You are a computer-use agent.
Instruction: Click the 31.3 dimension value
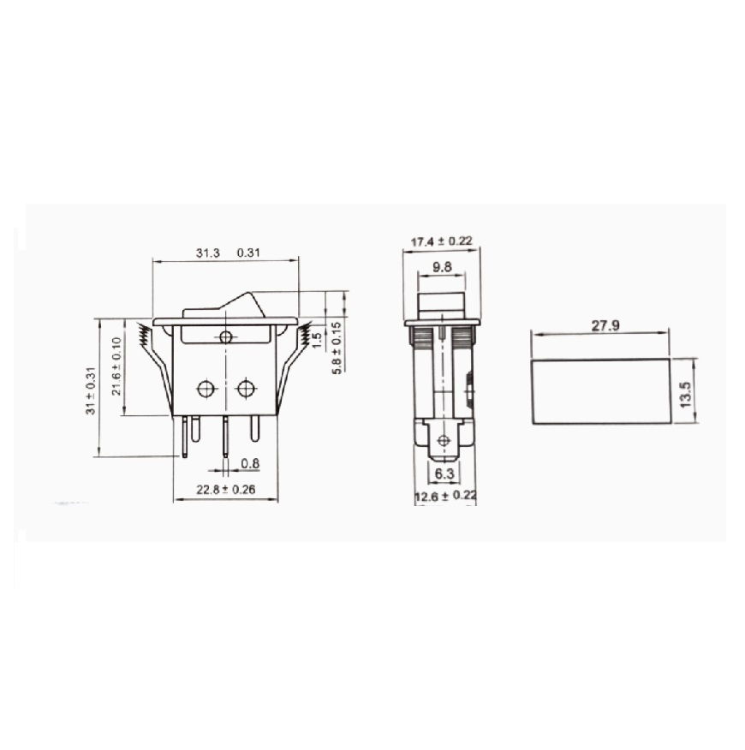pyautogui.click(x=208, y=253)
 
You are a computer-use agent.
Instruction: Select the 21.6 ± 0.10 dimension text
pyautogui.click(x=116, y=366)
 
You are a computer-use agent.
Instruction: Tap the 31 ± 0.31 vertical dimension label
pyautogui.click(x=91, y=390)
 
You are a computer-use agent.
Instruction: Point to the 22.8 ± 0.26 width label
pyautogui.click(x=226, y=490)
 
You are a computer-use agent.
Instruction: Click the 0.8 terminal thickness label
pyautogui.click(x=250, y=463)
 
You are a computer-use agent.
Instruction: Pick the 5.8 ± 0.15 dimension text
pyautogui.click(x=337, y=348)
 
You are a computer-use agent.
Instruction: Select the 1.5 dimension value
pyautogui.click(x=317, y=341)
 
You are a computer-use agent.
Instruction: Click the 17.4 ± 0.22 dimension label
pyautogui.click(x=442, y=241)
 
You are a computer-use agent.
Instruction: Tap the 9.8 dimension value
pyautogui.click(x=442, y=266)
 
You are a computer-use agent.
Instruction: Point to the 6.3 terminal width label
pyautogui.click(x=444, y=473)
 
